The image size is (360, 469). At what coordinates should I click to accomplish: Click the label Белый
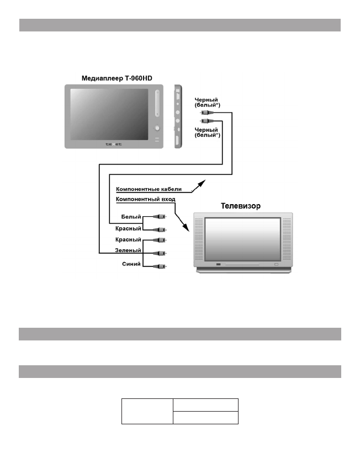(x=131, y=217)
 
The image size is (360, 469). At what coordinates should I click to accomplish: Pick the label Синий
(x=131, y=264)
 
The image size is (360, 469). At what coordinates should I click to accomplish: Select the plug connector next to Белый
(x=161, y=217)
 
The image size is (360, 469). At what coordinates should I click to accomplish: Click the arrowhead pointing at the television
(x=188, y=227)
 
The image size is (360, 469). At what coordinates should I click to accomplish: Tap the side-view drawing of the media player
(x=178, y=117)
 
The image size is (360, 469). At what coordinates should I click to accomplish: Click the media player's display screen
(x=108, y=114)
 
